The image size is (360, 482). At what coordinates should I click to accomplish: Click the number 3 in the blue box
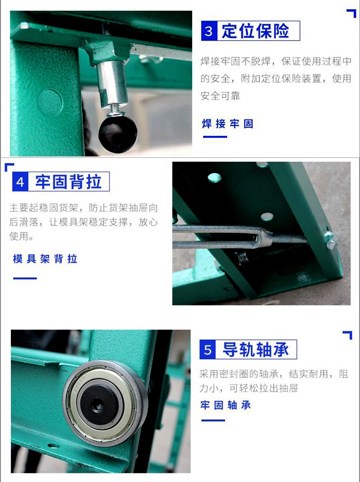click(x=209, y=31)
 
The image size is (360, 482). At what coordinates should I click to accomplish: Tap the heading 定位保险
click(x=255, y=31)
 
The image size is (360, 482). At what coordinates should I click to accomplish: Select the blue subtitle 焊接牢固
click(x=228, y=124)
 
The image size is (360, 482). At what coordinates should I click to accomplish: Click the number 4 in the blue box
click(x=20, y=182)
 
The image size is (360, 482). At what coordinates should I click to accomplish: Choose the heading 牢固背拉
click(x=68, y=182)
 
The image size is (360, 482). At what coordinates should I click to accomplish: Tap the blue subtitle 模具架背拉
click(x=45, y=259)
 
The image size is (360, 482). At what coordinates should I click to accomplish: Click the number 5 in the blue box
click(x=208, y=350)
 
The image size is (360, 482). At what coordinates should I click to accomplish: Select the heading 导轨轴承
click(x=256, y=349)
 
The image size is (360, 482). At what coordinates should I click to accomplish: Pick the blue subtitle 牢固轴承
click(x=226, y=405)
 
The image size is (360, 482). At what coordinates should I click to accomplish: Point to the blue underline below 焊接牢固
click(x=215, y=137)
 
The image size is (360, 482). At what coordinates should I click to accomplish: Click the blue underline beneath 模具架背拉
click(x=25, y=278)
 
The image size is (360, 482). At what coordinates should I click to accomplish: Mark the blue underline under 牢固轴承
click(x=213, y=420)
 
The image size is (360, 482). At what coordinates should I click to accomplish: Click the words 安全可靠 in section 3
click(x=220, y=96)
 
